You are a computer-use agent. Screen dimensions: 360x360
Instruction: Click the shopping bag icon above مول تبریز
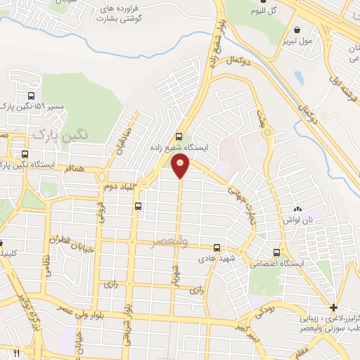(x=299, y=30)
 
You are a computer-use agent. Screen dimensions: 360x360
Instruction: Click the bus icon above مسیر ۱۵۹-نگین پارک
(x=30, y=96)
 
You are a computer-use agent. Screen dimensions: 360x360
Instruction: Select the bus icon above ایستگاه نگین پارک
(x=25, y=154)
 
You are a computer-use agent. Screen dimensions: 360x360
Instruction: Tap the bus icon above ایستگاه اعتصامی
(x=276, y=252)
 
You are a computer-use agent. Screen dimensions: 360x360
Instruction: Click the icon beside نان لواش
(x=297, y=209)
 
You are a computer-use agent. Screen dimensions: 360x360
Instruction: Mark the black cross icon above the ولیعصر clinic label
(x=333, y=307)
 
